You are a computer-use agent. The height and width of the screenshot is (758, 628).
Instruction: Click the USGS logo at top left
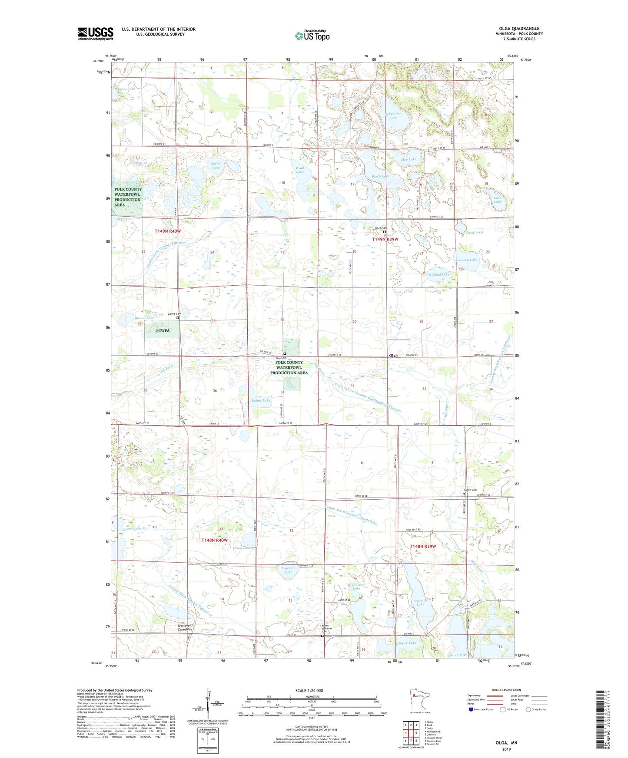(96, 33)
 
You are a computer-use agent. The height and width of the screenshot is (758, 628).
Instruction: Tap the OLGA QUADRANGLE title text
(516, 29)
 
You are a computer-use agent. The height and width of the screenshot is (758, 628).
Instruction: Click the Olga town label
(393, 356)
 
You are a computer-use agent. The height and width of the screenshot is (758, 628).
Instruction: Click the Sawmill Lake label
(420, 602)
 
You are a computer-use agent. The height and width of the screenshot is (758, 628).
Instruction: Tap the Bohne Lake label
(261, 400)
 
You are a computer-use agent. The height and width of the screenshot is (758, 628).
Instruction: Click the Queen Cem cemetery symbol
(464, 494)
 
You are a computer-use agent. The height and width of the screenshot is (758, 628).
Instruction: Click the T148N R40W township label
(215, 540)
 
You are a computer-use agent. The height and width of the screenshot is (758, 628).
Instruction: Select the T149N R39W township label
(385, 239)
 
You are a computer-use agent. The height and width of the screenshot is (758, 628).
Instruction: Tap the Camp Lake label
(475, 232)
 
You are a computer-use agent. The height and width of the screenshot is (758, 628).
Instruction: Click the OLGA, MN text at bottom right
(506, 743)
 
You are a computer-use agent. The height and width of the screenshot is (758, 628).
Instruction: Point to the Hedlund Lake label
(439, 274)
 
